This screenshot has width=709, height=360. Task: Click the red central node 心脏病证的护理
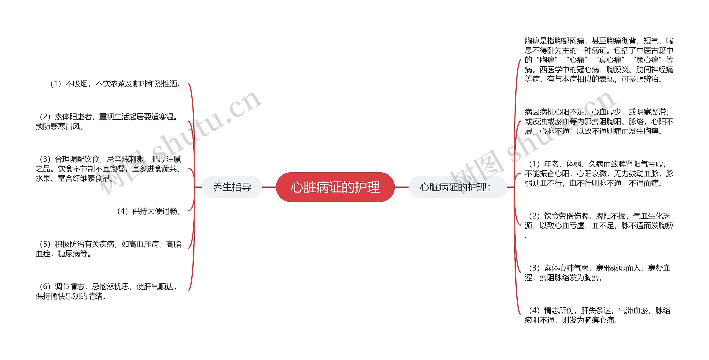coord(335,187)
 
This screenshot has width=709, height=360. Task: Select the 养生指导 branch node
coord(232,187)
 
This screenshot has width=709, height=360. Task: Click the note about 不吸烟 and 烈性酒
coord(115,84)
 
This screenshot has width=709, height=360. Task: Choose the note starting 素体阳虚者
coord(108,121)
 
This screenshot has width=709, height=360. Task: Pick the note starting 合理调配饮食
coord(108,168)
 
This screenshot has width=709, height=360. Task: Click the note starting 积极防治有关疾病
coord(108,249)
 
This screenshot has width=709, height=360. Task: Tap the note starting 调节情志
coord(107,291)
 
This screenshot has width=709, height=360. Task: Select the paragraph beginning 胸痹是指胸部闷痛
coord(599,60)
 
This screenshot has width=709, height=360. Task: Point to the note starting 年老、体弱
coord(599,173)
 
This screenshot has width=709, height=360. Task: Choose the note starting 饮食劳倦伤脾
coord(599,225)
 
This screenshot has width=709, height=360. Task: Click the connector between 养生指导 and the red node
coord(269,187)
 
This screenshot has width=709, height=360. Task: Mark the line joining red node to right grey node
coord(401,187)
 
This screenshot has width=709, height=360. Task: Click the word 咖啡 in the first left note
coord(140,84)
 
